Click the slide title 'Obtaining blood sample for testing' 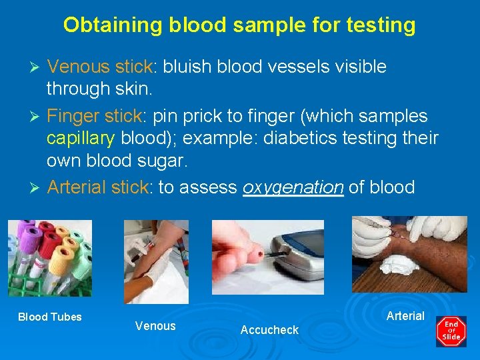pos(239,25)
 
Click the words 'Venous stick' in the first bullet pos(100,67)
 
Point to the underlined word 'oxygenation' pos(293,188)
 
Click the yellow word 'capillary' pos(81,139)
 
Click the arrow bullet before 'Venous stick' pos(37,67)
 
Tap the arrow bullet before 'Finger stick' pos(37,117)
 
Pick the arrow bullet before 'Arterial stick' pos(37,188)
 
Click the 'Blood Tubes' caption pos(50,317)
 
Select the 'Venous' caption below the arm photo pos(155,325)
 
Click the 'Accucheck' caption pos(269,330)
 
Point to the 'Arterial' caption pos(405,315)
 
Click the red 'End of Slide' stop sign pos(451,331)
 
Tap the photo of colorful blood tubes pos(50,258)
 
